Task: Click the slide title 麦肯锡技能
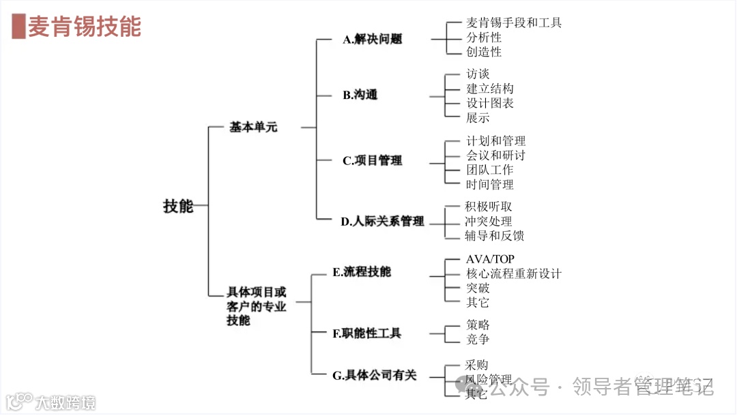click(x=84, y=27)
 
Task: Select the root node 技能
click(x=178, y=206)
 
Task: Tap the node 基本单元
click(x=253, y=127)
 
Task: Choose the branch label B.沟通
click(x=360, y=95)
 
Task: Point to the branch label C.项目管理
click(x=372, y=161)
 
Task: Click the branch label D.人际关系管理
click(x=382, y=221)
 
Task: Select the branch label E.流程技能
click(x=362, y=271)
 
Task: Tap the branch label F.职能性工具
click(x=366, y=333)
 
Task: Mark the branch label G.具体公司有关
click(x=374, y=375)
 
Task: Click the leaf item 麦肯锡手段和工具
click(x=514, y=23)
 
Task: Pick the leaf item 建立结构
click(x=490, y=89)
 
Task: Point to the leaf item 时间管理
click(x=490, y=184)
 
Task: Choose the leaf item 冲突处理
click(x=489, y=221)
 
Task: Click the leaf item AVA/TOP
click(x=490, y=259)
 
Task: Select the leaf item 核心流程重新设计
click(x=514, y=273)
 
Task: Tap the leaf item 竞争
click(x=478, y=339)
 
